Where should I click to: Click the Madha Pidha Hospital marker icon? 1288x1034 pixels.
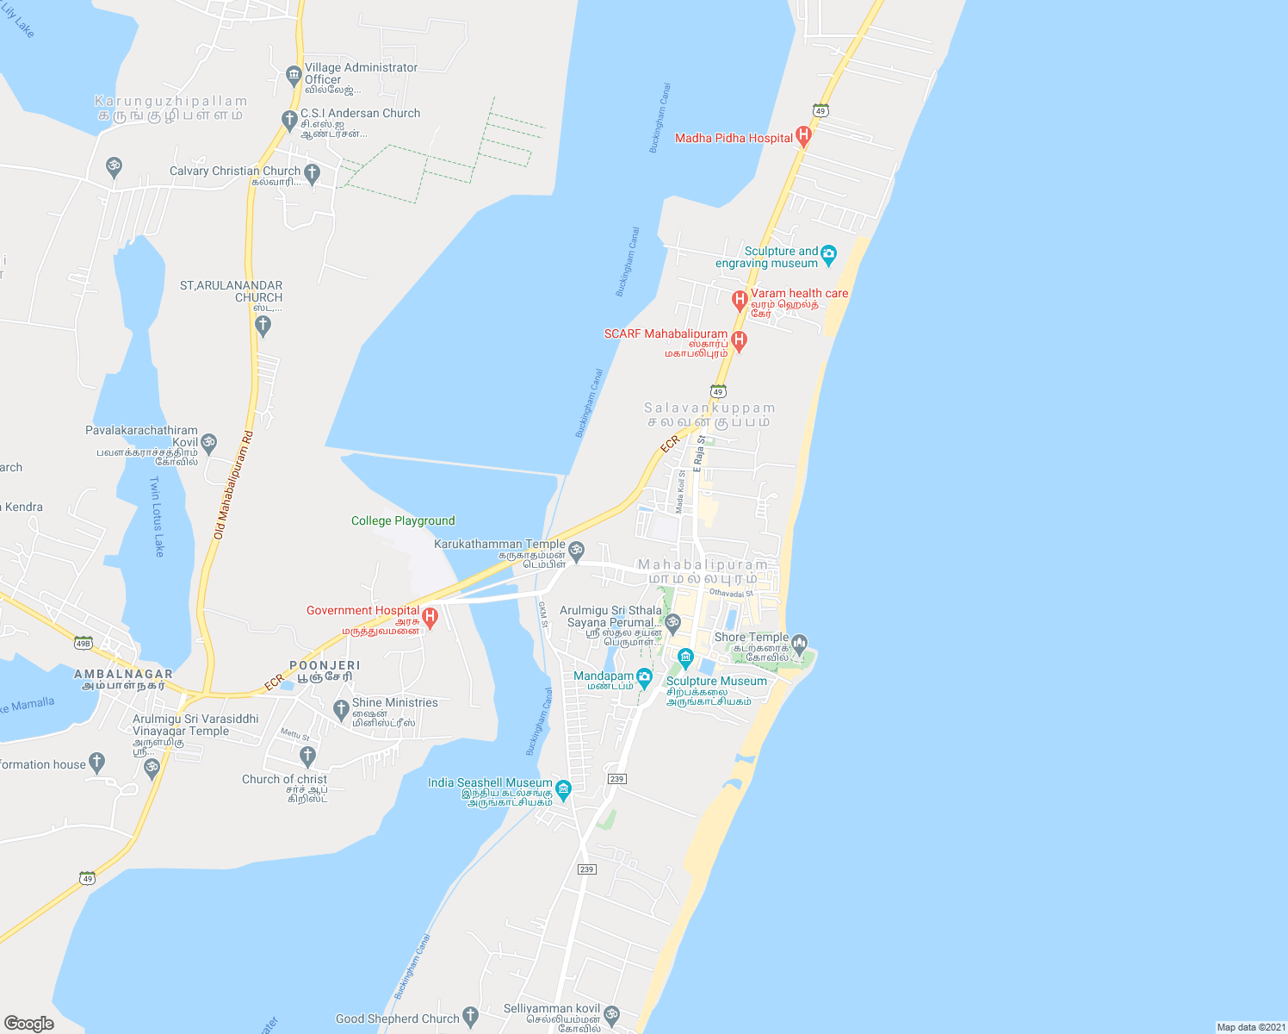pyautogui.click(x=803, y=135)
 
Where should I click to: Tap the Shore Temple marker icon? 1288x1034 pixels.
pyautogui.click(x=799, y=643)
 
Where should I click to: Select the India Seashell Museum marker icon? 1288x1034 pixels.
pyautogui.click(x=563, y=788)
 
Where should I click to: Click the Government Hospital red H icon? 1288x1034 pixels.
pyautogui.click(x=430, y=616)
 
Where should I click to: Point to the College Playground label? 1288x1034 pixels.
pyautogui.click(x=403, y=520)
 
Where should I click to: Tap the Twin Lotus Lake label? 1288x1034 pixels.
pyautogui.click(x=157, y=516)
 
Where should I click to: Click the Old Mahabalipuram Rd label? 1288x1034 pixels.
pyautogui.click(x=233, y=485)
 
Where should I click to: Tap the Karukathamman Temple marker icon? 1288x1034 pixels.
pyautogui.click(x=577, y=549)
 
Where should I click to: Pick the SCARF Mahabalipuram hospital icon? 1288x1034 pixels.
pyautogui.click(x=739, y=340)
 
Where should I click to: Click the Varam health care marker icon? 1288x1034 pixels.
pyautogui.click(x=739, y=300)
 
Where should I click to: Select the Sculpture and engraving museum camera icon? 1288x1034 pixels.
pyautogui.click(x=828, y=253)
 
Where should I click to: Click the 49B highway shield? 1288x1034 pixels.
pyautogui.click(x=83, y=643)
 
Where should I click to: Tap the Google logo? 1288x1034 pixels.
pyautogui.click(x=29, y=1023)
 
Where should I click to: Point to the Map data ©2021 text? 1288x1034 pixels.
pyautogui.click(x=1250, y=1027)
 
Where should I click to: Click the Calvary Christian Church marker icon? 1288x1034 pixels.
pyautogui.click(x=312, y=173)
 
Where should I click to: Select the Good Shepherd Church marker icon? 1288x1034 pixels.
pyautogui.click(x=470, y=1017)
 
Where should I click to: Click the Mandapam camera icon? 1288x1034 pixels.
pyautogui.click(x=644, y=679)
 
